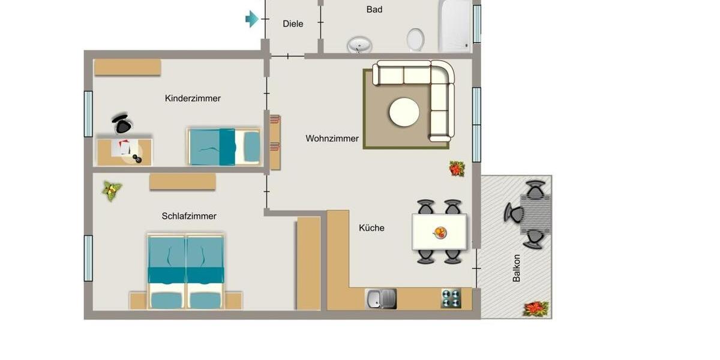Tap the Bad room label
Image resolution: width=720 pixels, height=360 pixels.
point(374,10)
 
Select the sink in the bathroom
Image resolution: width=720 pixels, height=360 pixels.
point(359,44)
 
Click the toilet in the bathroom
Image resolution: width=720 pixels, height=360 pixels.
point(415,40)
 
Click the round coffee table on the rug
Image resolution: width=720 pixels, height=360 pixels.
point(404,112)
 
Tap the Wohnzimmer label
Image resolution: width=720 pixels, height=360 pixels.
point(332,139)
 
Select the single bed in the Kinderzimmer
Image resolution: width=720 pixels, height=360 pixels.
point(224,146)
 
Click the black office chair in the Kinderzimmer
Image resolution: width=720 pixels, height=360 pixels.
point(122,124)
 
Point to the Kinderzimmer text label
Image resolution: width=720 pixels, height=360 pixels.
point(193,98)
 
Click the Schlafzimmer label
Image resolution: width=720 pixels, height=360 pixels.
point(189,216)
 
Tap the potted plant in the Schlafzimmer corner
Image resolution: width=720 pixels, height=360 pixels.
point(112,191)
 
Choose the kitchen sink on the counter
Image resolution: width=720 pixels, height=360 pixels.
point(381,298)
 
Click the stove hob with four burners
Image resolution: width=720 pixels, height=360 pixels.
point(451,298)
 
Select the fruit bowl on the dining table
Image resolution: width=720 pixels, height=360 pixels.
point(440,232)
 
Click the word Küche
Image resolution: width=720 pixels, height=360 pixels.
point(371,228)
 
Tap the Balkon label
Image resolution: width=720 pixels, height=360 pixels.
point(517,268)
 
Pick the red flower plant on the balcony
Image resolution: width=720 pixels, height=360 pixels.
point(535,308)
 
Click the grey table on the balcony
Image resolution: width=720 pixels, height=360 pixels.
point(535,214)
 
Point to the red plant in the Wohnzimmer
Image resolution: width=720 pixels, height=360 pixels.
point(457,169)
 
